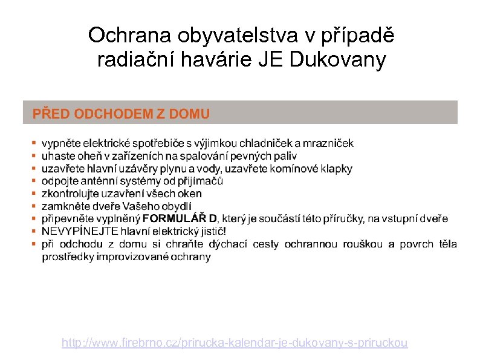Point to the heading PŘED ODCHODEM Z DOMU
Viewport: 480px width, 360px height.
coord(121,113)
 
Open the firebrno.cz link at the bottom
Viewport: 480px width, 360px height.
coord(235,343)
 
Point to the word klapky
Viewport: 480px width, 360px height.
coord(336,169)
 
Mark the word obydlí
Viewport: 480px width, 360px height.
coord(175,206)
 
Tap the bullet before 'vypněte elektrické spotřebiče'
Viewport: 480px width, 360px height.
coord(33,143)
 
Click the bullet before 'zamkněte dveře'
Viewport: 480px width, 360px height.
coord(33,206)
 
